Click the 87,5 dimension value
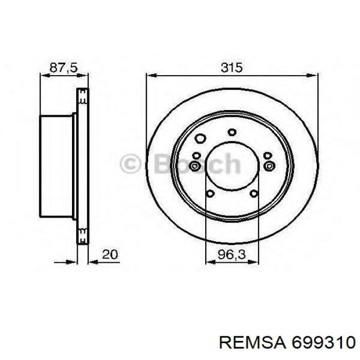(x=64, y=68)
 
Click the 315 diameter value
(x=231, y=67)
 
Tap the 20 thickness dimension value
(x=110, y=255)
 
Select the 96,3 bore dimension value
(x=231, y=255)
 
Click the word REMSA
(x=253, y=343)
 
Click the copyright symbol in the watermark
(x=130, y=164)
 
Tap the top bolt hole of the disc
(x=232, y=132)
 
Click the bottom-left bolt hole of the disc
(x=210, y=193)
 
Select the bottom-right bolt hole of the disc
(x=254, y=193)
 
